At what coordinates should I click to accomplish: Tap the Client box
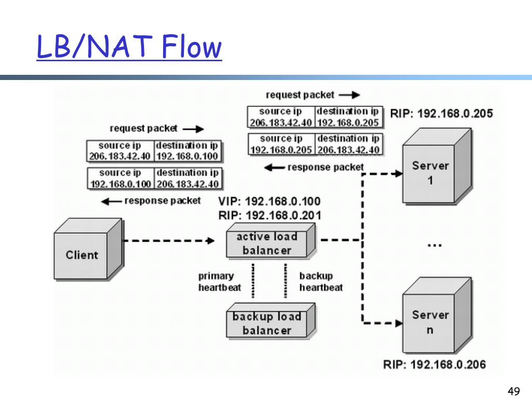click(x=88, y=249)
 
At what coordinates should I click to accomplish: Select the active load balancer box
click(x=271, y=241)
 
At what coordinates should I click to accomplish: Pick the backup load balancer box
click(x=271, y=321)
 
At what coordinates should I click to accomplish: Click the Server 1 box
click(x=437, y=166)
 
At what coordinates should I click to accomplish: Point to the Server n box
click(x=437, y=315)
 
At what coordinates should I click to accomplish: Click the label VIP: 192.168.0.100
click(x=270, y=201)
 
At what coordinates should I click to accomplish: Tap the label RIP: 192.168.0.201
click(x=270, y=216)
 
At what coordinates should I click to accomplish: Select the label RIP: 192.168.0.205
click(x=442, y=113)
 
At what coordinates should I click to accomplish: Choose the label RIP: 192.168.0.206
click(x=435, y=365)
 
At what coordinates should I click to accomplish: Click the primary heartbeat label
click(x=220, y=282)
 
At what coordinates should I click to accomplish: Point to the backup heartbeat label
click(x=321, y=282)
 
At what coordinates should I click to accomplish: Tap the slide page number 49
click(x=514, y=391)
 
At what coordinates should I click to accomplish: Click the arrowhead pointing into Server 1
click(x=398, y=174)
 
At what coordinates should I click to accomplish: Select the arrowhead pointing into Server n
click(x=398, y=323)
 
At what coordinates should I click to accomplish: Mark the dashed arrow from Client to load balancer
click(x=168, y=241)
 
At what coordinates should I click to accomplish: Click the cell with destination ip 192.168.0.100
click(x=188, y=151)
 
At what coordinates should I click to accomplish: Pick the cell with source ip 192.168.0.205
click(x=281, y=144)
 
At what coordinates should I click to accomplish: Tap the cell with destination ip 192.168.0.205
click(x=349, y=117)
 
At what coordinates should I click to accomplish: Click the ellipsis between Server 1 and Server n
click(x=435, y=245)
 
